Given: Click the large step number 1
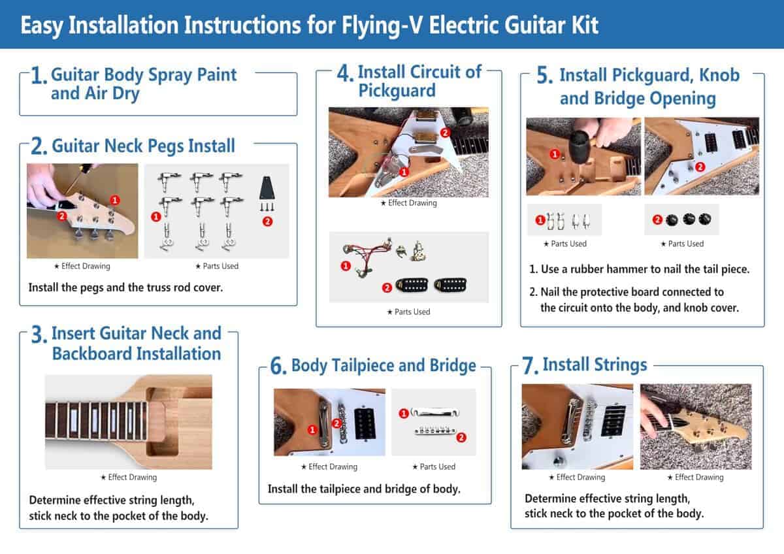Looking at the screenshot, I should click(x=39, y=76).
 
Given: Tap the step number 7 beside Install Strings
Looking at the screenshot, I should click(x=530, y=366).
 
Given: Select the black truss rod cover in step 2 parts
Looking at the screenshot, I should click(x=268, y=189).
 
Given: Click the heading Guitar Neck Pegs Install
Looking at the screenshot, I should click(x=143, y=145).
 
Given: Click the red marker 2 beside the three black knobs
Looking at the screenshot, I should click(x=657, y=220).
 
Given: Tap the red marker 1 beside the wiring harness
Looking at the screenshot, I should click(x=346, y=265).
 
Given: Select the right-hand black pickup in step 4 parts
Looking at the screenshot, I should click(x=451, y=285).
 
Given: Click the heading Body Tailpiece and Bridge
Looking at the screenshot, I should click(x=383, y=365).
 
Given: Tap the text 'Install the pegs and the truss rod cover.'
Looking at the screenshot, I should click(x=125, y=287).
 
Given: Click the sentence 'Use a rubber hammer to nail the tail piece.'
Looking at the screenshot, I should click(x=638, y=269).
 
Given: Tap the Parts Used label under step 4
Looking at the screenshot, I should click(x=408, y=312).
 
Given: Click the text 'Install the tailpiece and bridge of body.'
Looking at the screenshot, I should click(x=364, y=489).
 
